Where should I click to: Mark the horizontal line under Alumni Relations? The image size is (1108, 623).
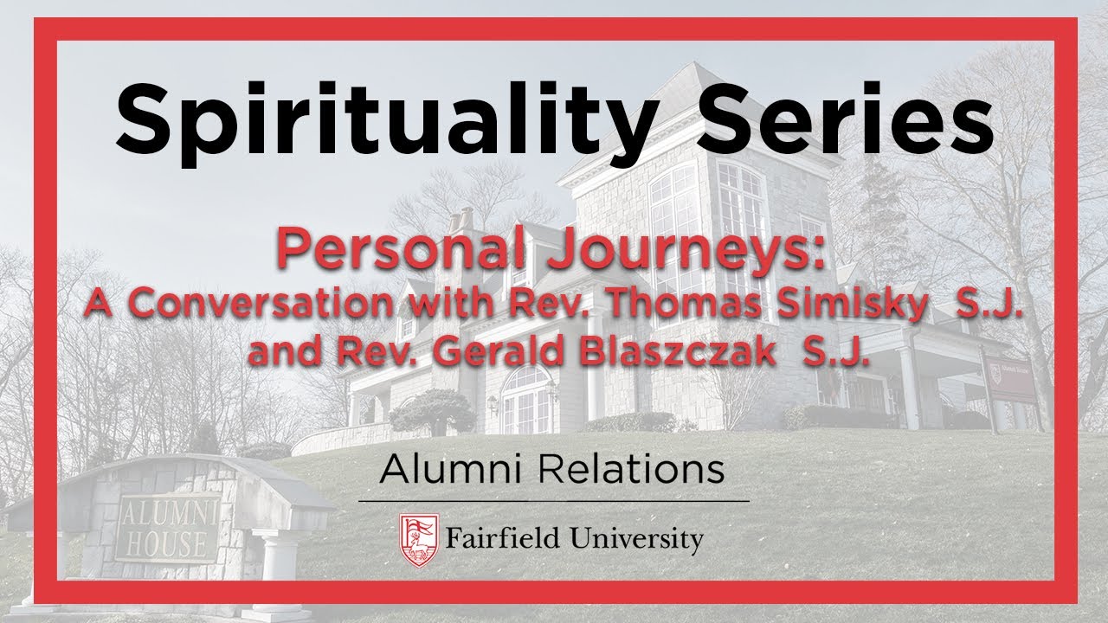554,500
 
